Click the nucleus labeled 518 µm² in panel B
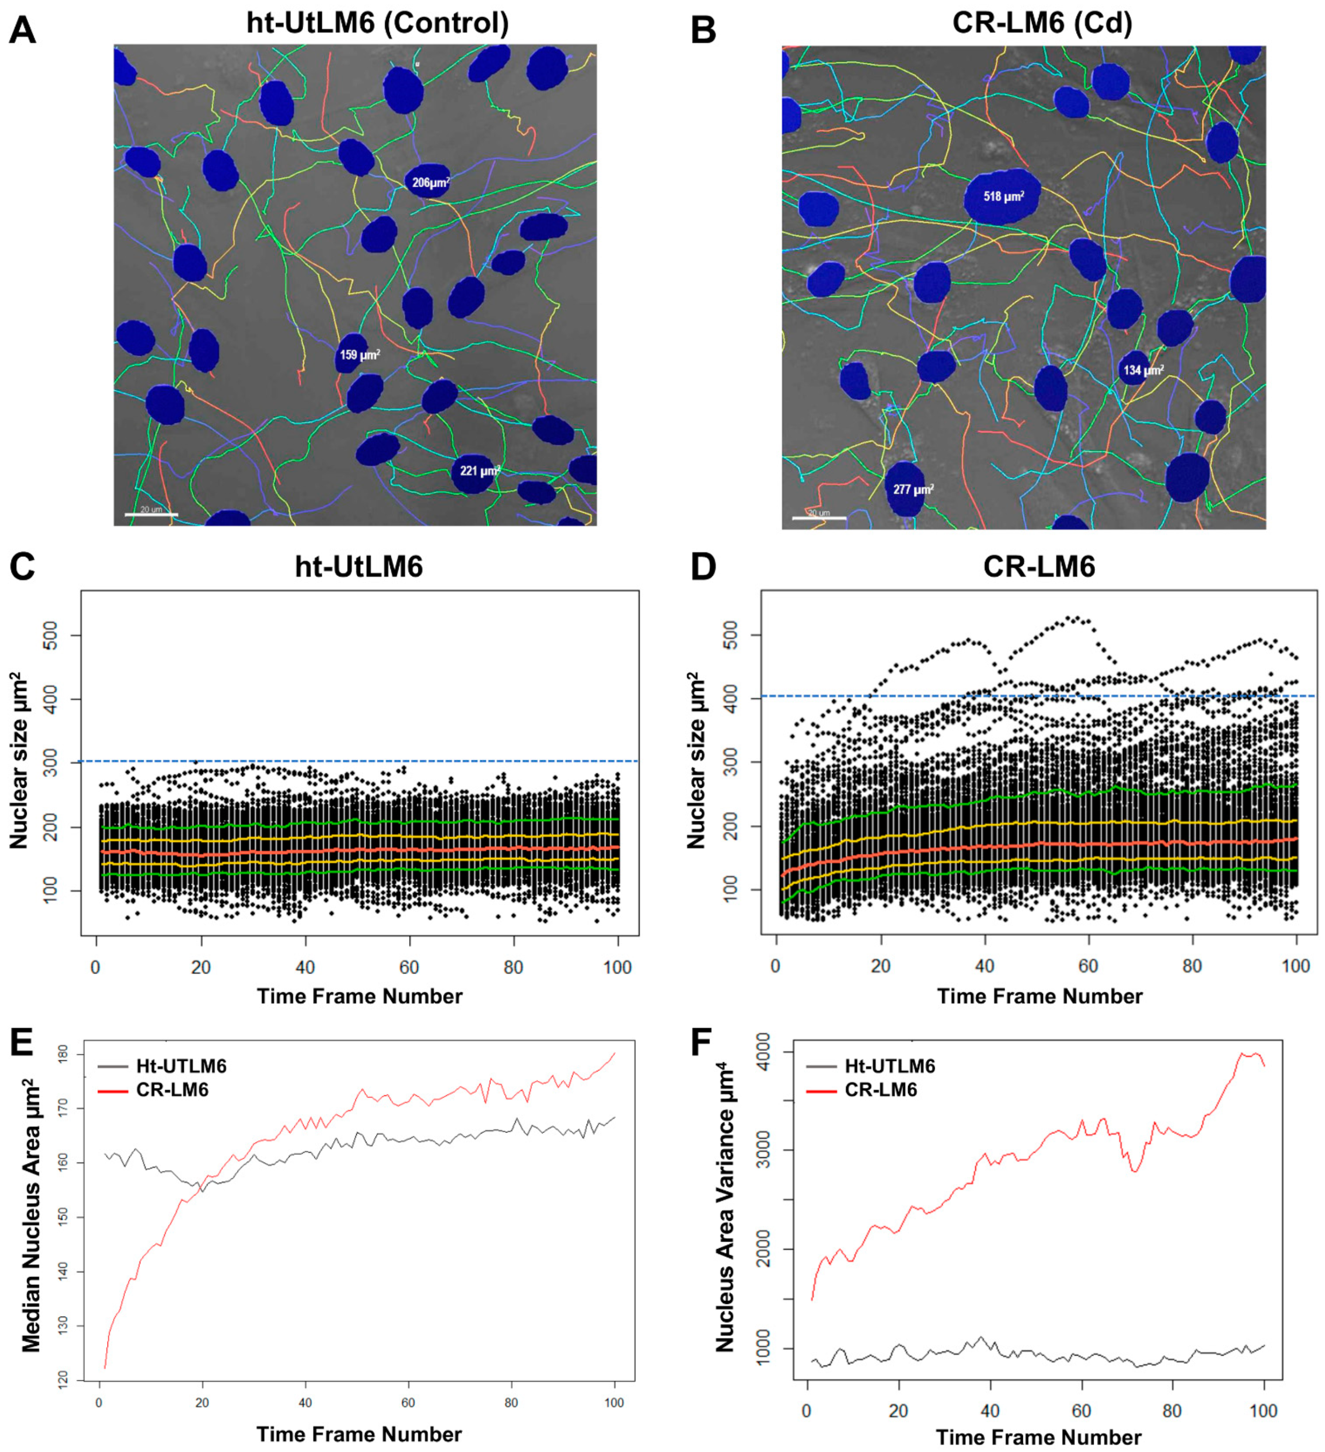(1001, 196)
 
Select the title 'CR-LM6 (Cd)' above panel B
(1042, 23)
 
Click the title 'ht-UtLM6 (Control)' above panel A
(378, 23)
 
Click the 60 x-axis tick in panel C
(409, 967)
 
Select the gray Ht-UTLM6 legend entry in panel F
(872, 1066)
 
